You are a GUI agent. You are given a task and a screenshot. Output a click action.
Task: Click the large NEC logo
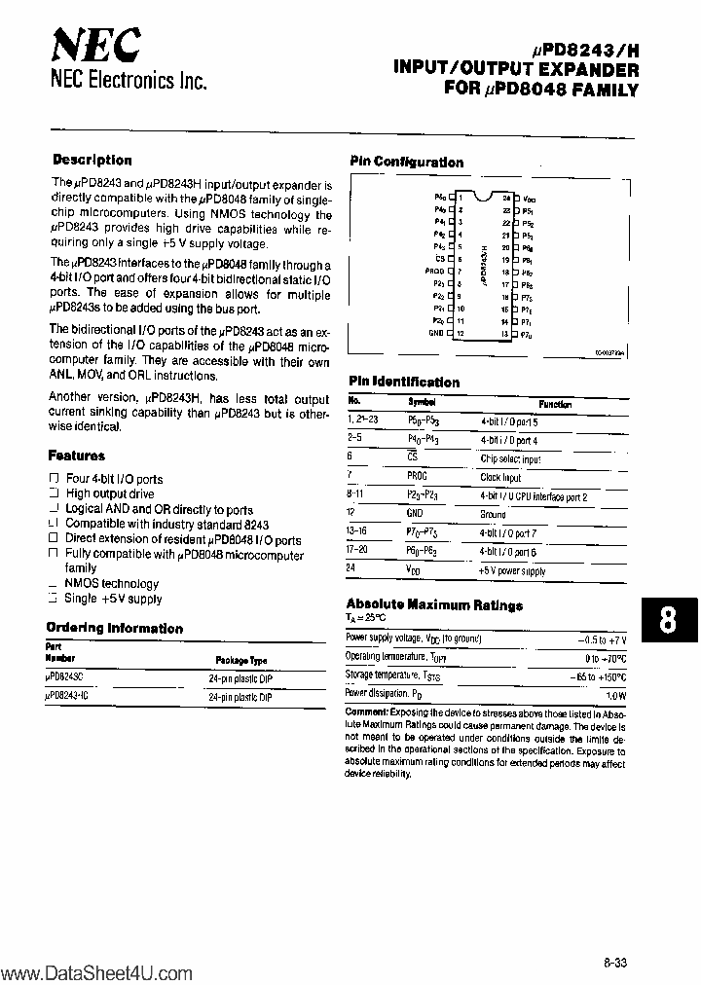(95, 44)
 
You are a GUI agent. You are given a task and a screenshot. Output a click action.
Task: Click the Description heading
(92, 160)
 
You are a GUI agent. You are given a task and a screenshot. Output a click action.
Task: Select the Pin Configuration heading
(406, 163)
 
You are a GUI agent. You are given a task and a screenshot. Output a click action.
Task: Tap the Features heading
(76, 456)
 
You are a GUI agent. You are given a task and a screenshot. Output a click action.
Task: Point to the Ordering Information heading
(115, 628)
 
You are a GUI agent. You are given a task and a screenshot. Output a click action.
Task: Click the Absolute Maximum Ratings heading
(434, 604)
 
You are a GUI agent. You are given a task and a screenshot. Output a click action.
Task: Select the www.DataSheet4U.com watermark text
(97, 973)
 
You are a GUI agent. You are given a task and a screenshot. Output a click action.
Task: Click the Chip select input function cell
(510, 458)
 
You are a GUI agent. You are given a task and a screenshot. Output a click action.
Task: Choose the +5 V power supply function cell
(512, 570)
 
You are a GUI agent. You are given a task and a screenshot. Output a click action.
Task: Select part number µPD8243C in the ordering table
(66, 677)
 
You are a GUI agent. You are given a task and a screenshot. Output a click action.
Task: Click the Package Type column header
(240, 658)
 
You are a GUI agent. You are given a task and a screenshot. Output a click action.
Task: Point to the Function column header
(555, 404)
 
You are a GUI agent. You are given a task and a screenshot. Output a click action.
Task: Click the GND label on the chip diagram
(436, 333)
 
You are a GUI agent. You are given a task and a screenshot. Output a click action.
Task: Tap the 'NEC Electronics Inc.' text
(129, 83)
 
